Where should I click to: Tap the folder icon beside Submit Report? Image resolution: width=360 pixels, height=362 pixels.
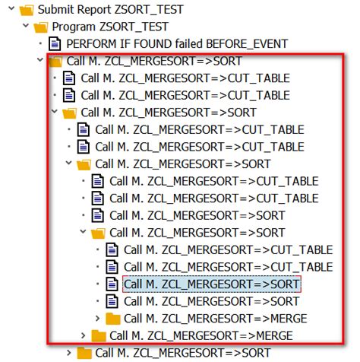click(26, 9)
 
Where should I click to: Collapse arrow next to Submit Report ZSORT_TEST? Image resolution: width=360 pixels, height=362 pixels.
click(8, 9)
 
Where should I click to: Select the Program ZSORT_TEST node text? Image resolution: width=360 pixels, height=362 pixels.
click(109, 27)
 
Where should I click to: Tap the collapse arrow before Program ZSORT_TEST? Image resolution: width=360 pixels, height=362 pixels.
click(24, 27)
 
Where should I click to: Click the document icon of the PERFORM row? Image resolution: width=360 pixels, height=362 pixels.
click(55, 44)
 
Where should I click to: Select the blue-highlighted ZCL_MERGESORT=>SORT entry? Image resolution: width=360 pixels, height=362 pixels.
click(212, 284)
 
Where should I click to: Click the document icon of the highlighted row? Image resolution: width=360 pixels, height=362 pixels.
click(112, 284)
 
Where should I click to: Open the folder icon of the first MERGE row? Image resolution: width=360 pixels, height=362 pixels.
click(113, 318)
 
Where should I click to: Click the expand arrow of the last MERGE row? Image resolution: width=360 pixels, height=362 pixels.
click(82, 335)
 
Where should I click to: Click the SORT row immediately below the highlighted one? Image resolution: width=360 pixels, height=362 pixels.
click(211, 300)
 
